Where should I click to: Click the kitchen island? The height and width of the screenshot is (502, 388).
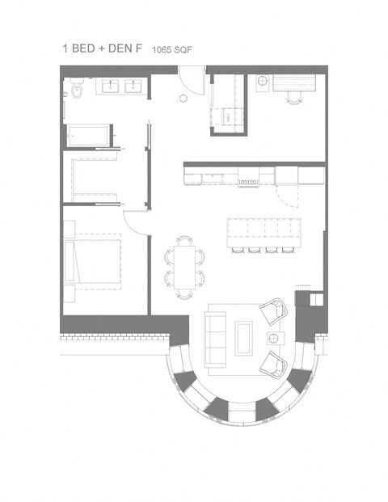[x=263, y=230]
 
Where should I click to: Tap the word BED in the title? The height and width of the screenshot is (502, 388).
[x=84, y=49]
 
